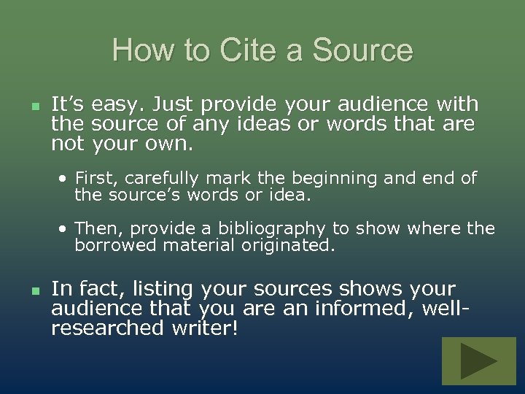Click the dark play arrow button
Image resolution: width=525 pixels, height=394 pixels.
pyautogui.click(x=478, y=361)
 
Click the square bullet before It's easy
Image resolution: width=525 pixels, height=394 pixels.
pyautogui.click(x=33, y=107)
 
